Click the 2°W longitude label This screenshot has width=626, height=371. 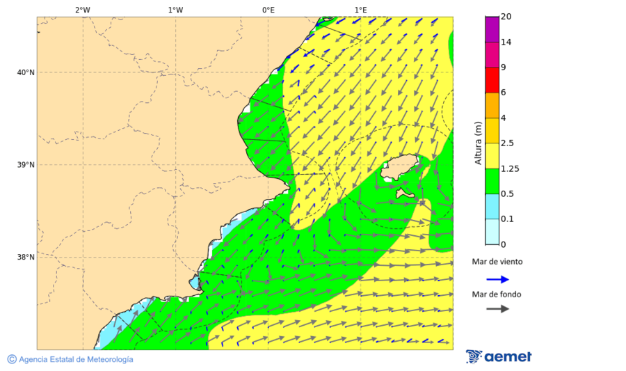pos(82,10)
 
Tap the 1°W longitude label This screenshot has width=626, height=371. pos(175,10)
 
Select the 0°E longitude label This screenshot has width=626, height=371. pos(268,10)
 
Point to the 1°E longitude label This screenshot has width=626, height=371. pos(361,10)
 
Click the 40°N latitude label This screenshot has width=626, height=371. pos(26,72)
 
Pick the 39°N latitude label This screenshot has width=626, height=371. pos(26,165)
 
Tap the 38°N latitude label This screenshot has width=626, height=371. pos(26,258)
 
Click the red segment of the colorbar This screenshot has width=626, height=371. pos(492,80)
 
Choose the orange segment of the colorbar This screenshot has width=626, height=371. pos(492,105)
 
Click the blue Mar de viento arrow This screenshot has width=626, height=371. pos(497,279)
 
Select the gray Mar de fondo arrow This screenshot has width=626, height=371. pos(497,309)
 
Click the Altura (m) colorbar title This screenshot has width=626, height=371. pos(478,143)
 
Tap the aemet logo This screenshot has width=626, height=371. pos(499,356)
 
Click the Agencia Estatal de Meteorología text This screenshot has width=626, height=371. pos(75,359)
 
